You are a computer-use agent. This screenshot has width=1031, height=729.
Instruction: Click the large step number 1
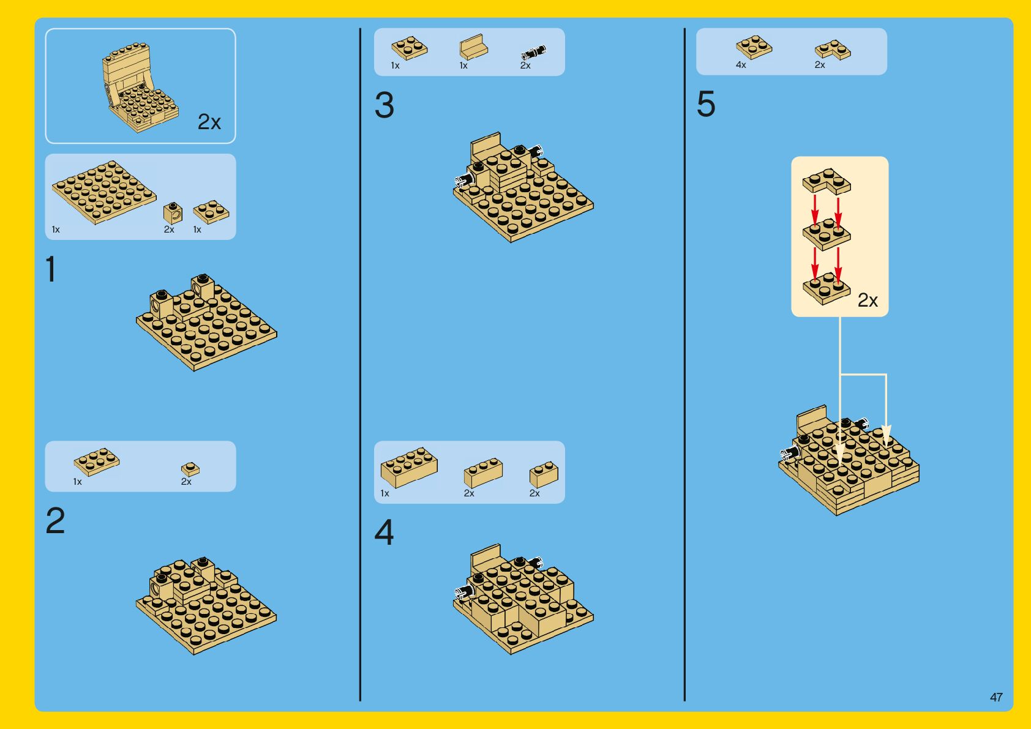[x=51, y=269]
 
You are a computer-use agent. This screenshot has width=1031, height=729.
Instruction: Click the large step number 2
[x=55, y=520]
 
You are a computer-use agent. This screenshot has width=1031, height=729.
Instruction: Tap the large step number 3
[x=384, y=105]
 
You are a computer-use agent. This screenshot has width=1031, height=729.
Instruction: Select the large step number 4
[x=384, y=532]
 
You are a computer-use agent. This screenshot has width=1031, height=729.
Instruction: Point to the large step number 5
[x=706, y=103]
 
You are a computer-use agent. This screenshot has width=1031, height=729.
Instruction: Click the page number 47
[x=996, y=697]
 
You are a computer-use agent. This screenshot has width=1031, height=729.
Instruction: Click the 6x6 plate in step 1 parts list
[x=104, y=192]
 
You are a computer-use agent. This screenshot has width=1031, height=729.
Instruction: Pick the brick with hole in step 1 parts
[x=173, y=213]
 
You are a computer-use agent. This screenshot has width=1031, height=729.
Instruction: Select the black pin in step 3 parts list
[x=533, y=51]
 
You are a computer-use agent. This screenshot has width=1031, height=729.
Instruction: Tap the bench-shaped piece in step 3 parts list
[x=474, y=47]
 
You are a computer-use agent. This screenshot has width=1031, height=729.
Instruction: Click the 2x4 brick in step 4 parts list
[x=409, y=467]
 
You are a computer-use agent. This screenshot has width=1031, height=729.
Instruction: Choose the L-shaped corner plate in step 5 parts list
[x=833, y=50]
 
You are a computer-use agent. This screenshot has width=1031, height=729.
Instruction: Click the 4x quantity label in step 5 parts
[x=741, y=65]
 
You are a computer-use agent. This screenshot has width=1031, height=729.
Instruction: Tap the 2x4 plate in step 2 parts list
[x=97, y=462]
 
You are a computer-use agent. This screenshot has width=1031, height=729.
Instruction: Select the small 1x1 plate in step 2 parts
[x=190, y=469]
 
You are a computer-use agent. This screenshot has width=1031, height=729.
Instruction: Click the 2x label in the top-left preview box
[x=209, y=122]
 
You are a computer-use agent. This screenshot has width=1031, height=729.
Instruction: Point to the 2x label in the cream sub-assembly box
[x=868, y=301]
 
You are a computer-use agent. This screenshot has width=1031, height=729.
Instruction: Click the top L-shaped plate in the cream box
[x=827, y=181]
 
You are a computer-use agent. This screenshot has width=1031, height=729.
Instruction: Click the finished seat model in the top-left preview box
[x=140, y=88]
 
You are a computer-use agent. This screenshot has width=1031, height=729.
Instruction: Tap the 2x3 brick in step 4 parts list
[x=483, y=473]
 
